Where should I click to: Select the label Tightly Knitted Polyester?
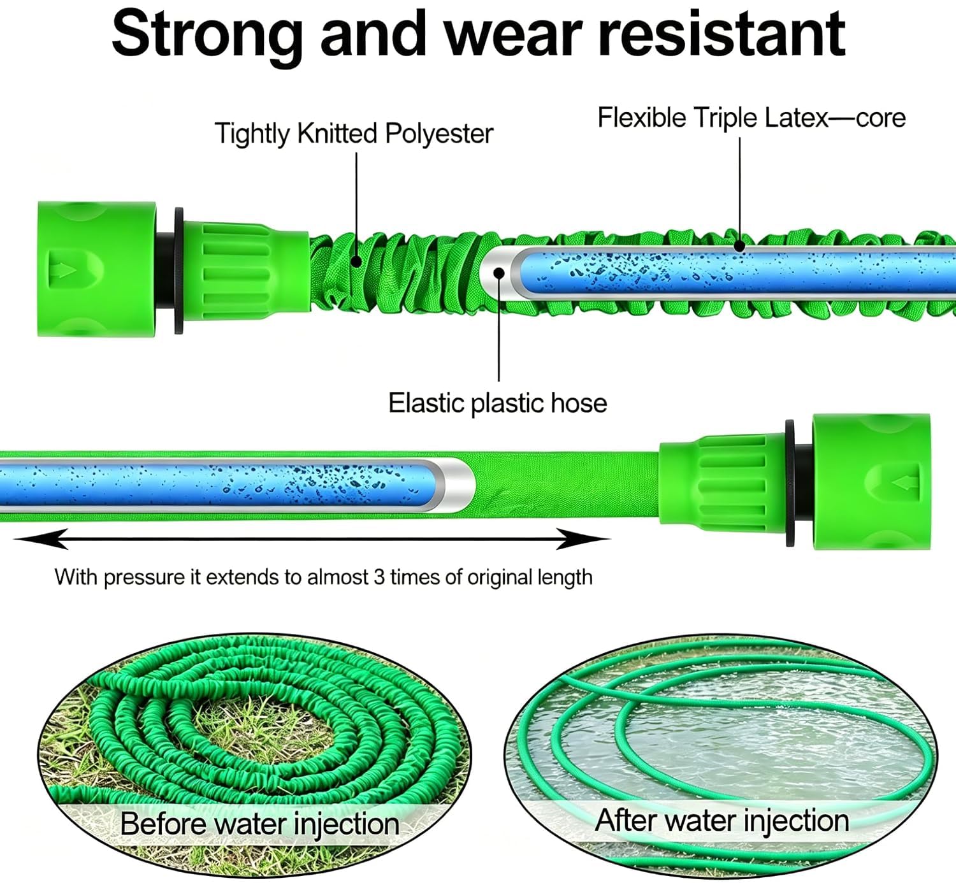[354, 134]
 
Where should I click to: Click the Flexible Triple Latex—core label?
[751, 118]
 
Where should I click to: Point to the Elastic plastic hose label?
[498, 403]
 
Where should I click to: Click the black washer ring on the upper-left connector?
[178, 270]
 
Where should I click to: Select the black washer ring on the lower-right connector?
[790, 483]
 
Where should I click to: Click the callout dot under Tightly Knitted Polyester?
[356, 261]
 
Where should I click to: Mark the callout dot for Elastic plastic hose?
[499, 273]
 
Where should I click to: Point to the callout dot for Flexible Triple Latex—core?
[740, 247]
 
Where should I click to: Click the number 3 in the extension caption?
[379, 577]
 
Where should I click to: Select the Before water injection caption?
[259, 823]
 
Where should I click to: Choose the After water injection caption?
[722, 820]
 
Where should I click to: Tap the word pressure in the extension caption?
[145, 577]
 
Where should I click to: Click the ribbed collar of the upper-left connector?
[245, 271]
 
